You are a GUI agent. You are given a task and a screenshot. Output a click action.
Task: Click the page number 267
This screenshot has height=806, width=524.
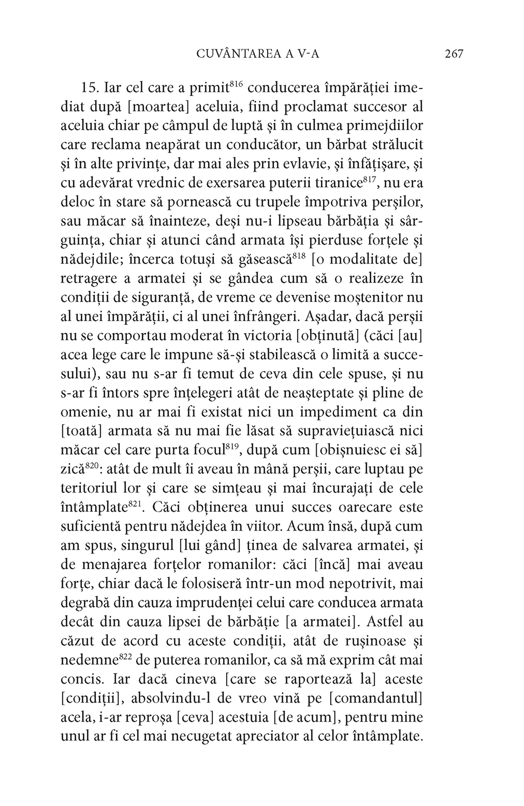(454, 54)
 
